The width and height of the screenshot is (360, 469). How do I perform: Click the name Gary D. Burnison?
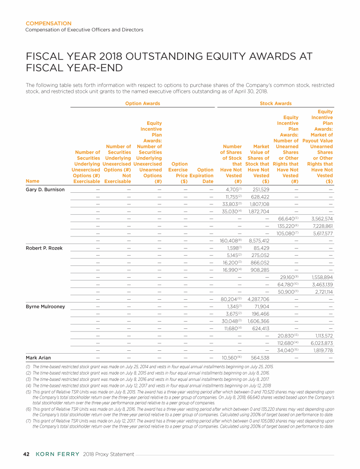pos(45,189)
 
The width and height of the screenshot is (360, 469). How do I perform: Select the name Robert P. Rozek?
pos(43,248)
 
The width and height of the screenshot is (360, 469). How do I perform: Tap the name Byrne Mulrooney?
pos(45,306)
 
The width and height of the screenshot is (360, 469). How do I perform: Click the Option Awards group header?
pos(142,103)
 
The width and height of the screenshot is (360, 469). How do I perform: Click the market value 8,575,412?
pos(259,241)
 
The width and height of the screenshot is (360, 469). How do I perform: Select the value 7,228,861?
pos(322,226)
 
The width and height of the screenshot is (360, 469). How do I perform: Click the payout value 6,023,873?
pos(322,343)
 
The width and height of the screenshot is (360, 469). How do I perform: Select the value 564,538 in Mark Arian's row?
pos(259,357)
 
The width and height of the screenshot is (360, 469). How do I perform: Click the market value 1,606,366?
pos(259,321)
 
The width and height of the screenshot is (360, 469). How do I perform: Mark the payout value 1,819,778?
pos(322,350)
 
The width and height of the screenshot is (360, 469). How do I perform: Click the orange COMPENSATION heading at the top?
pos(48,23)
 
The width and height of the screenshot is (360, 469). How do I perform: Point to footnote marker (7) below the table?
pos(28,421)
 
